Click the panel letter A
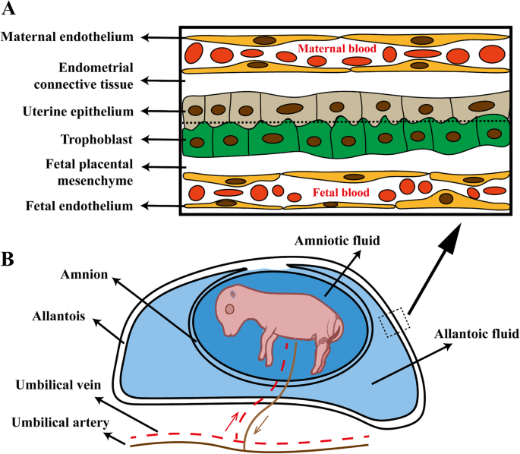[x=8, y=8]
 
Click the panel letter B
[x=8, y=260]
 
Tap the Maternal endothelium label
[x=68, y=36]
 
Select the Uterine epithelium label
[x=78, y=112]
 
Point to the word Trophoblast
[x=97, y=139]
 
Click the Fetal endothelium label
[x=80, y=206]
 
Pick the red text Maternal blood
[x=337, y=49]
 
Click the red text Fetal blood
[x=341, y=192]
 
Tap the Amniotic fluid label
[x=337, y=241]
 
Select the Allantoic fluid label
[x=477, y=333]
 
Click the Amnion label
[x=84, y=274]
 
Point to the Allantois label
[x=58, y=316]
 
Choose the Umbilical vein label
[x=58, y=385]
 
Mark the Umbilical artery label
[x=61, y=423]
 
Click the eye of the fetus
[x=229, y=310]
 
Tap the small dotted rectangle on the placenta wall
[x=395, y=323]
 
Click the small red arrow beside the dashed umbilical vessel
[x=232, y=421]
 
